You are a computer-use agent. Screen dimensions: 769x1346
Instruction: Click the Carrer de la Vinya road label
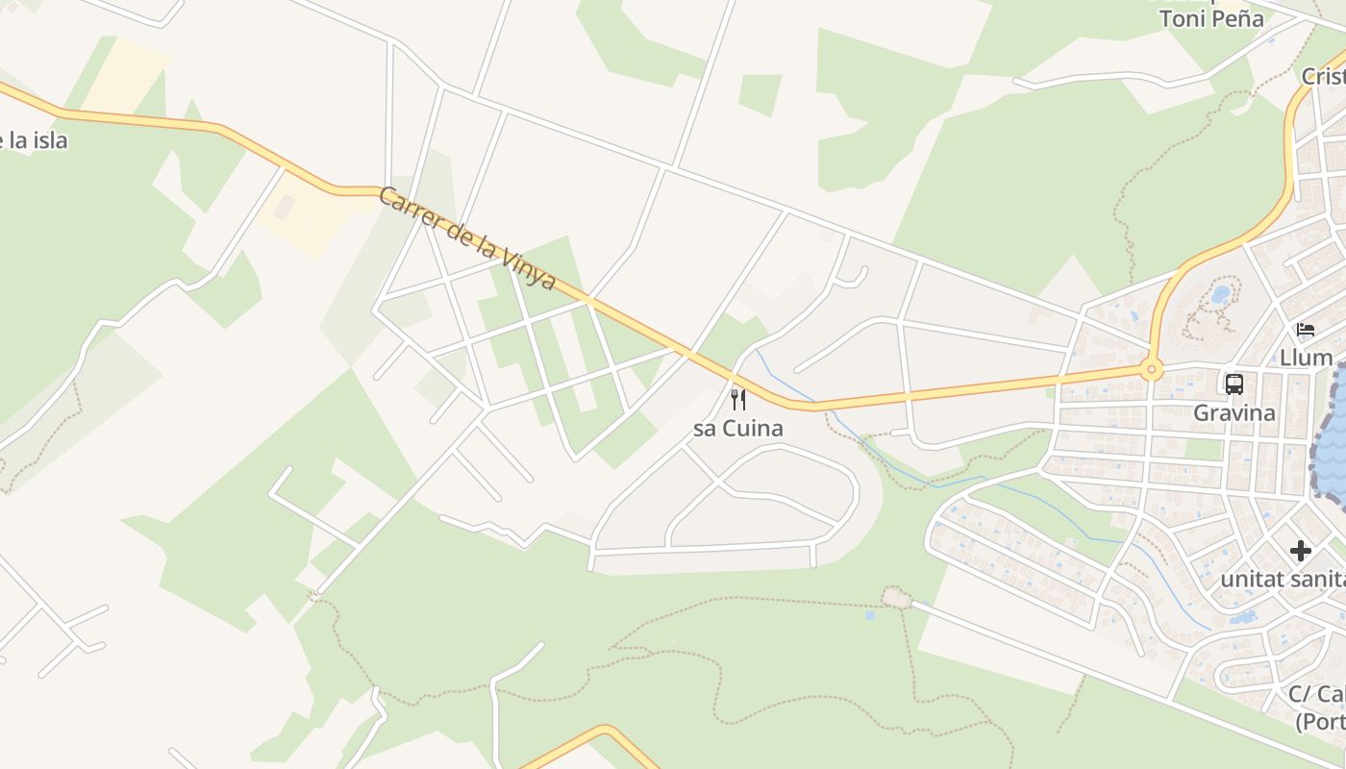[x=467, y=237]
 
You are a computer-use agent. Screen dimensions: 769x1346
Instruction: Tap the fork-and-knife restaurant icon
[x=738, y=399]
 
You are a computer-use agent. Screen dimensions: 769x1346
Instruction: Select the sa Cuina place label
[x=738, y=429]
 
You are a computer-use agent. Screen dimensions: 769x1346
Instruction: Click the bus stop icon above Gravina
[x=1234, y=384]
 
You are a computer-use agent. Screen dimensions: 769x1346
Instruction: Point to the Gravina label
[x=1234, y=413]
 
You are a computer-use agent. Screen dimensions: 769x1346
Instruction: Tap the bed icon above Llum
[x=1305, y=330]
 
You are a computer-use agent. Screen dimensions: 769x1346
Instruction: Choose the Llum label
[x=1305, y=359]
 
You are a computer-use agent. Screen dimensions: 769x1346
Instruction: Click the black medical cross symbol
[x=1301, y=551]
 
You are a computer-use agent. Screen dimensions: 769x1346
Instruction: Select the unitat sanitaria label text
[x=1283, y=580]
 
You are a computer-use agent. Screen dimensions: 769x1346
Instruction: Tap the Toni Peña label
[x=1210, y=18]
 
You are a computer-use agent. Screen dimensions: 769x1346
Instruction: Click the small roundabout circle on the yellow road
[x=1151, y=369]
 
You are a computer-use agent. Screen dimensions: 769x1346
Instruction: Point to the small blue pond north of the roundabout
[x=1220, y=294]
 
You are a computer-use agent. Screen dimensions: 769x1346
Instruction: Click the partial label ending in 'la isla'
[x=35, y=140]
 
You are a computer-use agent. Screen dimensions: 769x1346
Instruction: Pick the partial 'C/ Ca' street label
[x=1316, y=694]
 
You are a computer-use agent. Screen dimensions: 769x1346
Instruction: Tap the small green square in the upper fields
[x=760, y=93]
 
